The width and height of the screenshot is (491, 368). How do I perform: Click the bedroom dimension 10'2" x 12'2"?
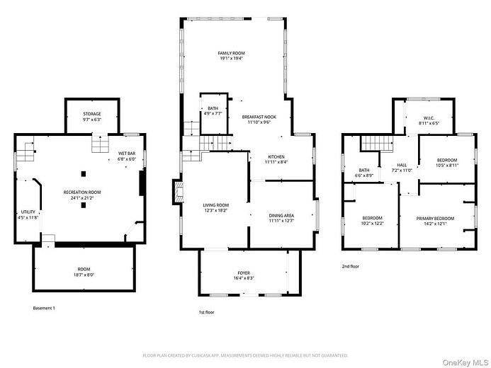[x=372, y=224]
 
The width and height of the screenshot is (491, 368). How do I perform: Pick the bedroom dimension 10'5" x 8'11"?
[x=446, y=165]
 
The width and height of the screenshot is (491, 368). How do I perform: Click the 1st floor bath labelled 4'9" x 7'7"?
[x=213, y=113]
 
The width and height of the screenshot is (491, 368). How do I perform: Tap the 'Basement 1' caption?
[x=44, y=309]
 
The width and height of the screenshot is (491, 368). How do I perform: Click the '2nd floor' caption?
[x=351, y=266]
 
